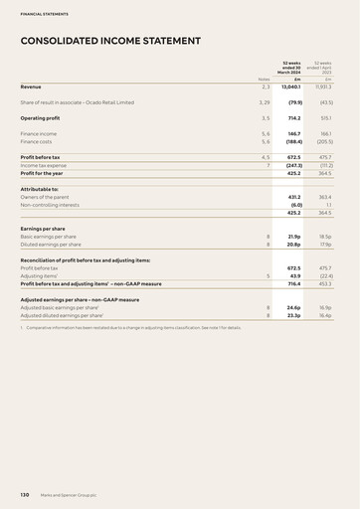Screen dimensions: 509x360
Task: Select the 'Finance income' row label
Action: pos(39,132)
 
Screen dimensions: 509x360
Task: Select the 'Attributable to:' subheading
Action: pos(39,188)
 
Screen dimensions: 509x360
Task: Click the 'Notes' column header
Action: pos(264,79)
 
